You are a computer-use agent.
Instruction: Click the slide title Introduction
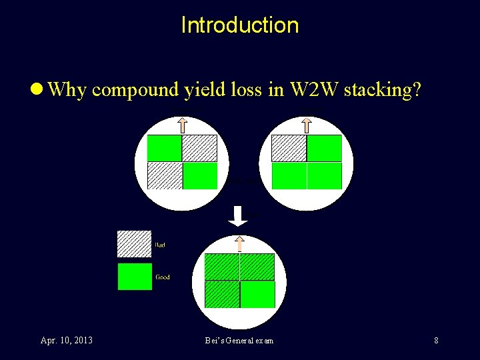point(240,25)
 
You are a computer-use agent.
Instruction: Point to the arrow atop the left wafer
point(182,125)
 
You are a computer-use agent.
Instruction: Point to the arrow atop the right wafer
point(307,125)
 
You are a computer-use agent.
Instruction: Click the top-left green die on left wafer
point(164,148)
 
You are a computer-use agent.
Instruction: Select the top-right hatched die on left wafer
point(200,148)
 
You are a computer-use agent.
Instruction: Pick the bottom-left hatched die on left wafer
point(164,176)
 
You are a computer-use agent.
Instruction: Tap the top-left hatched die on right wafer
point(289,148)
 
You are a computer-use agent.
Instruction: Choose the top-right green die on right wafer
point(325,148)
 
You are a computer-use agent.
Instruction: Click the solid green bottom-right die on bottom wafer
point(257,295)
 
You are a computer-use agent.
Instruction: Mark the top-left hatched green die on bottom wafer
point(221,266)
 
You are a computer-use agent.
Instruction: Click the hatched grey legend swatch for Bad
point(135,244)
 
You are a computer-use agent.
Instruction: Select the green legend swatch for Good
point(135,277)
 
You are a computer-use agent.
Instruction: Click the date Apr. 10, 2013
point(67,341)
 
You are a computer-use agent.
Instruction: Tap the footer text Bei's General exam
point(239,341)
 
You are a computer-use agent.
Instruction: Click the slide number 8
point(436,341)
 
